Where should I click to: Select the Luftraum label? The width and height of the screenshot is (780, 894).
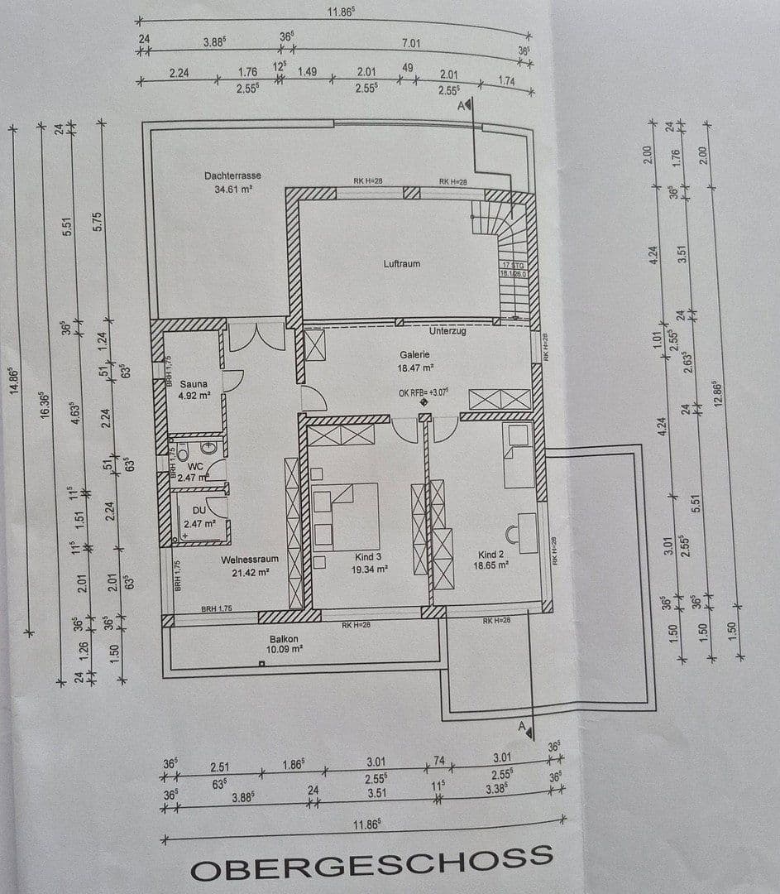pyautogui.click(x=401, y=264)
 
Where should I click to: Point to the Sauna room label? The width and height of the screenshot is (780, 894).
pyautogui.click(x=194, y=390)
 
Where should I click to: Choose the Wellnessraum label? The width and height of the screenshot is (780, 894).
pyautogui.click(x=249, y=565)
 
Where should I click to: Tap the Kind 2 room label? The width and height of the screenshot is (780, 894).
pyautogui.click(x=491, y=560)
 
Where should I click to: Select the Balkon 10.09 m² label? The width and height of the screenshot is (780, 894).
pyautogui.click(x=285, y=644)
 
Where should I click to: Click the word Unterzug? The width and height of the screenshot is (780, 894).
pyautogui.click(x=447, y=330)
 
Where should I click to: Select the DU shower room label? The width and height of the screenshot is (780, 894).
pyautogui.click(x=198, y=518)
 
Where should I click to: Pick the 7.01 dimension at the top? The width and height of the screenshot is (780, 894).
pyautogui.click(x=410, y=43)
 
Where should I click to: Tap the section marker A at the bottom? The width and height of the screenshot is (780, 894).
pyautogui.click(x=524, y=728)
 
